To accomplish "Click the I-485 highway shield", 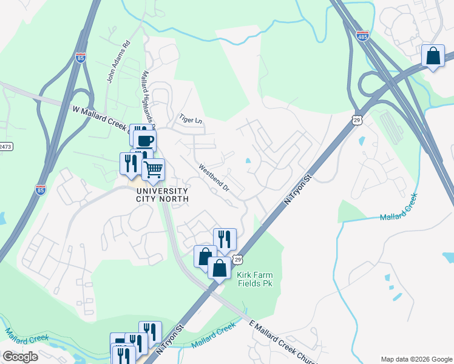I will click(x=362, y=35).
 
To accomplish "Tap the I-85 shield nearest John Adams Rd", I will click(x=81, y=58).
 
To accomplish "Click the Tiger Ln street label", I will click(x=190, y=120).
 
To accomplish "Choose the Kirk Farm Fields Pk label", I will click(x=256, y=279).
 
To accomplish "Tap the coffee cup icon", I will click(x=144, y=140).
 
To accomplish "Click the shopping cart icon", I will click(x=154, y=169).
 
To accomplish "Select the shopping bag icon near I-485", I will click(x=433, y=56).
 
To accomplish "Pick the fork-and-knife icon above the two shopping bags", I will click(x=225, y=238).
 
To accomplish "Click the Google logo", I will click(x=20, y=357).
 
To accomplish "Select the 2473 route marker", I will click(x=5, y=146).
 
